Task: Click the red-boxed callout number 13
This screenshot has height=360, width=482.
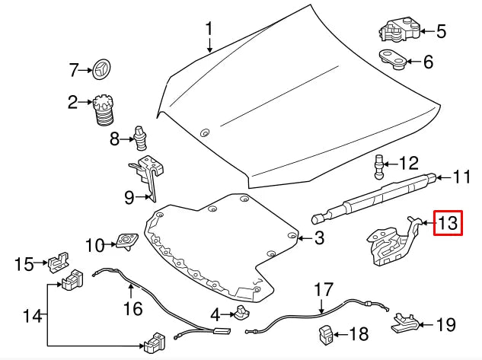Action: pos(448,224)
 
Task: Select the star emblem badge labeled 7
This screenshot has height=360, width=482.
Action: pos(101,70)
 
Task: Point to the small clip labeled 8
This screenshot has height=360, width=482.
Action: pos(141,137)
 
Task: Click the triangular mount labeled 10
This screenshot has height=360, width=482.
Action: pos(124,243)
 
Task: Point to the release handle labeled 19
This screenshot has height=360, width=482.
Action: pos(406,324)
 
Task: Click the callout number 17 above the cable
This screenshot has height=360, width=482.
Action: pos(324,290)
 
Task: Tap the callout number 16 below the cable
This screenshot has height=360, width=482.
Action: pos(133,308)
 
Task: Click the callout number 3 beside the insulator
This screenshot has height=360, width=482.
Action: pos(318,238)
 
